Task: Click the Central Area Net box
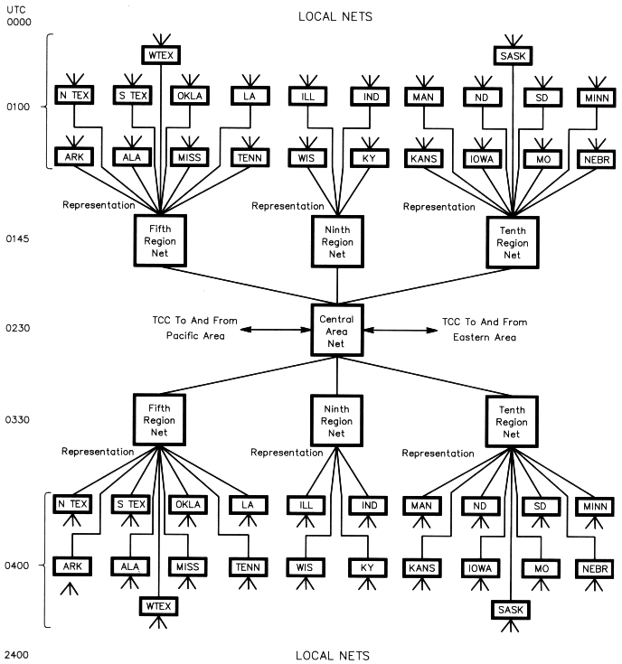coord(336,327)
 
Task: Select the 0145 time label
coord(18,239)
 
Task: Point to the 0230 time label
coord(18,328)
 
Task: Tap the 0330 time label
coord(18,420)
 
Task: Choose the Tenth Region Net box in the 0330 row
coord(512,420)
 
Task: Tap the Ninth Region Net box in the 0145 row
coord(336,241)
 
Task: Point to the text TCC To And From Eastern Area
coord(484,328)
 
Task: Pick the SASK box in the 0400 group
coord(513,612)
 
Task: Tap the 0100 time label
coord(18,108)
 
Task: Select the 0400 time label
coord(18,566)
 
